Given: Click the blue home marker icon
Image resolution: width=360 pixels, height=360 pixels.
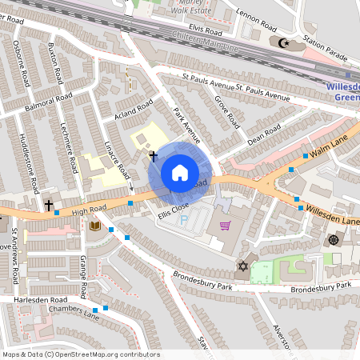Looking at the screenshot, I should [x=180, y=172].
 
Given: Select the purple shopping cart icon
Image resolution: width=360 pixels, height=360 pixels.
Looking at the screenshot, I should [x=225, y=225].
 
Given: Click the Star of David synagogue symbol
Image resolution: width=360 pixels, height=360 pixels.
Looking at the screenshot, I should [x=243, y=266].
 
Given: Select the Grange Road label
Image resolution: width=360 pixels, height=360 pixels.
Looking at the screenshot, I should [x=82, y=272].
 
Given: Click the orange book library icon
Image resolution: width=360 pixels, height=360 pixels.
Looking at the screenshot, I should [x=95, y=227].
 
